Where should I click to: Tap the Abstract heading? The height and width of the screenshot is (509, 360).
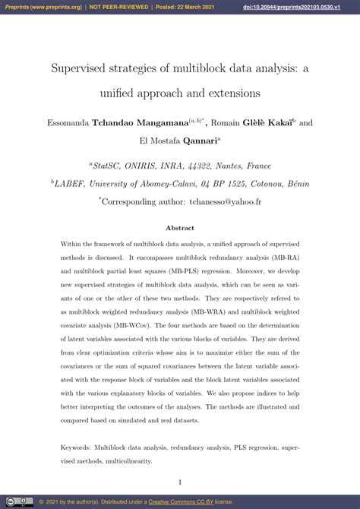[x=180, y=228]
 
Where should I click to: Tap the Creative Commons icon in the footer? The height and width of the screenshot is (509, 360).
[x=8, y=501]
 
